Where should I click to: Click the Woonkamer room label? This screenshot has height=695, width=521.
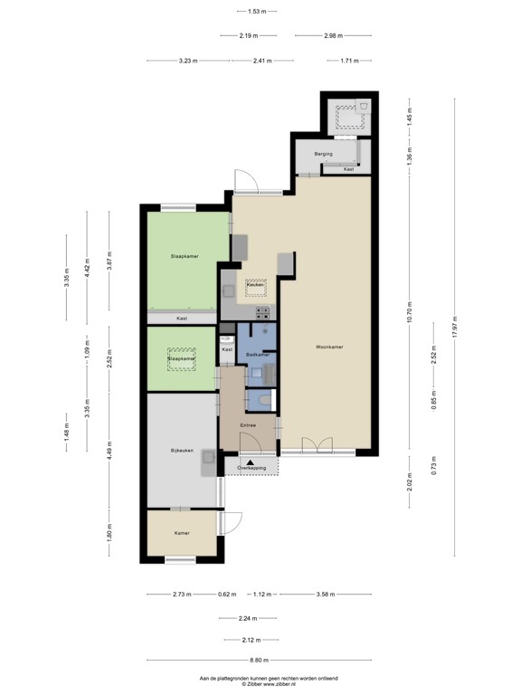(x=329, y=347)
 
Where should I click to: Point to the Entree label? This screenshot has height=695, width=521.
(x=247, y=425)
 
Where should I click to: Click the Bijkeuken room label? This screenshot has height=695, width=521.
(x=182, y=450)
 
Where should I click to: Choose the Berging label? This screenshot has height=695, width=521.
(x=324, y=154)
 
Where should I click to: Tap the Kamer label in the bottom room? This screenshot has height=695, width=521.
(x=182, y=533)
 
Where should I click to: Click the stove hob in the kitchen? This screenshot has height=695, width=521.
(x=262, y=312)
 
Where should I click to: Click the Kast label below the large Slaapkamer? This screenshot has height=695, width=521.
(x=182, y=319)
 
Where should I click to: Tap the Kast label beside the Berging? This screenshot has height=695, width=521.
(x=348, y=169)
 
